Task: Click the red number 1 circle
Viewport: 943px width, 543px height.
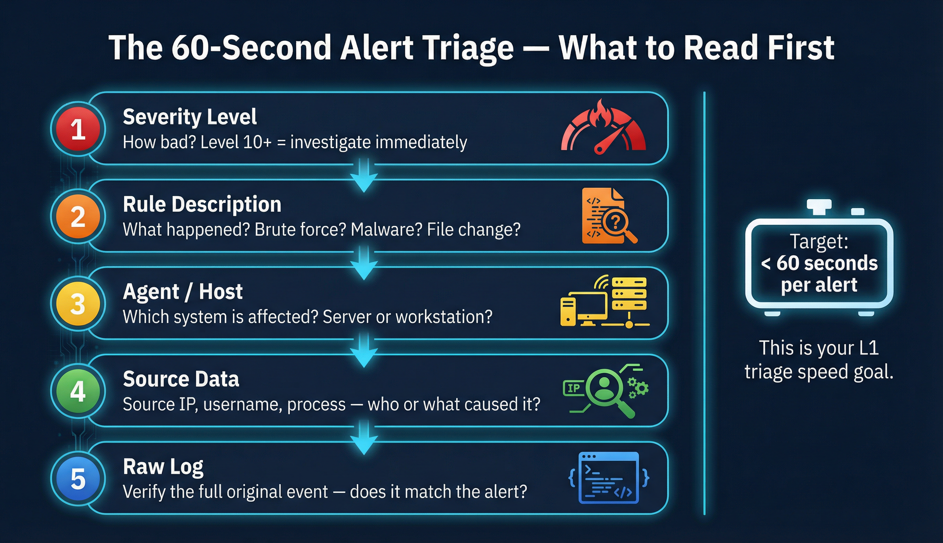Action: [78, 130]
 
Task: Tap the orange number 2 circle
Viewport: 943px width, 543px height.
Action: [78, 217]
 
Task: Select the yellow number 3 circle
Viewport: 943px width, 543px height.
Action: [78, 304]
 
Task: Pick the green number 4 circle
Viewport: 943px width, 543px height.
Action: [78, 391]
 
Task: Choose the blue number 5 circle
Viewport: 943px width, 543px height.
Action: [78, 479]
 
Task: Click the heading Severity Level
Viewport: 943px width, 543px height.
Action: [190, 117]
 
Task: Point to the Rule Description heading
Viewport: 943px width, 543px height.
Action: [202, 204]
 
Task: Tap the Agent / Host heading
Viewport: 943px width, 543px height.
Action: [183, 292]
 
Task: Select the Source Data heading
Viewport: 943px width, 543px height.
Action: [181, 379]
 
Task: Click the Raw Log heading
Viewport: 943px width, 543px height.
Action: [163, 466]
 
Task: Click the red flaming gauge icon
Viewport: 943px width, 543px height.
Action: [603, 128]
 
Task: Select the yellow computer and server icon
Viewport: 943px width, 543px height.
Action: [605, 302]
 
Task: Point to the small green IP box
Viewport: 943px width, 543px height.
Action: [573, 388]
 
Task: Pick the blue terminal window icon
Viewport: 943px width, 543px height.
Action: [608, 478]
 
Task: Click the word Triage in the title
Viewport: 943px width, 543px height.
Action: [469, 48]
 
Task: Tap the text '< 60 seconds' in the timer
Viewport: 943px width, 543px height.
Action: [819, 263]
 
